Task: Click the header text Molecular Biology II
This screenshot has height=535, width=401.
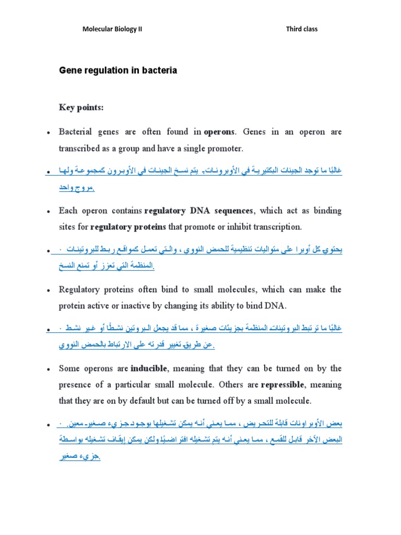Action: [x=112, y=29]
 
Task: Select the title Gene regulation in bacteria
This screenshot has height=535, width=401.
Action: [x=118, y=71]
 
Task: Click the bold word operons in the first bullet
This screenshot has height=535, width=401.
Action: [x=220, y=132]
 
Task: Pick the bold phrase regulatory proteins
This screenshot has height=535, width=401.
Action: [x=128, y=227]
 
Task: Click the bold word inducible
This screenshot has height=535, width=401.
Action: [x=148, y=369]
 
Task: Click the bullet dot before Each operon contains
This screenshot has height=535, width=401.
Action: [x=48, y=212]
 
